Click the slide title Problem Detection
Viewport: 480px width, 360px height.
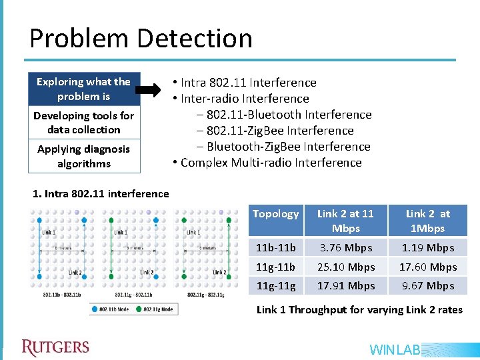[x=141, y=39]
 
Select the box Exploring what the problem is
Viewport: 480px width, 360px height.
[x=83, y=89]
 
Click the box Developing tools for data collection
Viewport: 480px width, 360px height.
[x=83, y=123]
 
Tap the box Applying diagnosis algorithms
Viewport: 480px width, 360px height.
[x=83, y=156]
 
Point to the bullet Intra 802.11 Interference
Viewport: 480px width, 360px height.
[x=244, y=83]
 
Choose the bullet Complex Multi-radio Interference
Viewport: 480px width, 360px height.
[x=267, y=163]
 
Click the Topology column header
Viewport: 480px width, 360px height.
[x=275, y=214]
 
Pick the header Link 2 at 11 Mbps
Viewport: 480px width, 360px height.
[x=345, y=221]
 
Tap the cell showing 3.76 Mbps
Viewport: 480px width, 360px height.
[x=345, y=247]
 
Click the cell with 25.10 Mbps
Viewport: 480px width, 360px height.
[x=345, y=267]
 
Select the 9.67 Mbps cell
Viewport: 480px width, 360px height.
[x=427, y=285]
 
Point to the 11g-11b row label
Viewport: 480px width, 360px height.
[x=275, y=267]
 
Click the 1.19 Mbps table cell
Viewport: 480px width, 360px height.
[x=427, y=247]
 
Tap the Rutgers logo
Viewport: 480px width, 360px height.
[x=55, y=347]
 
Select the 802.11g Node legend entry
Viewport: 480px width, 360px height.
[x=155, y=309]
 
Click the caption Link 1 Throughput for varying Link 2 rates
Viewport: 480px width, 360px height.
[x=359, y=309]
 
